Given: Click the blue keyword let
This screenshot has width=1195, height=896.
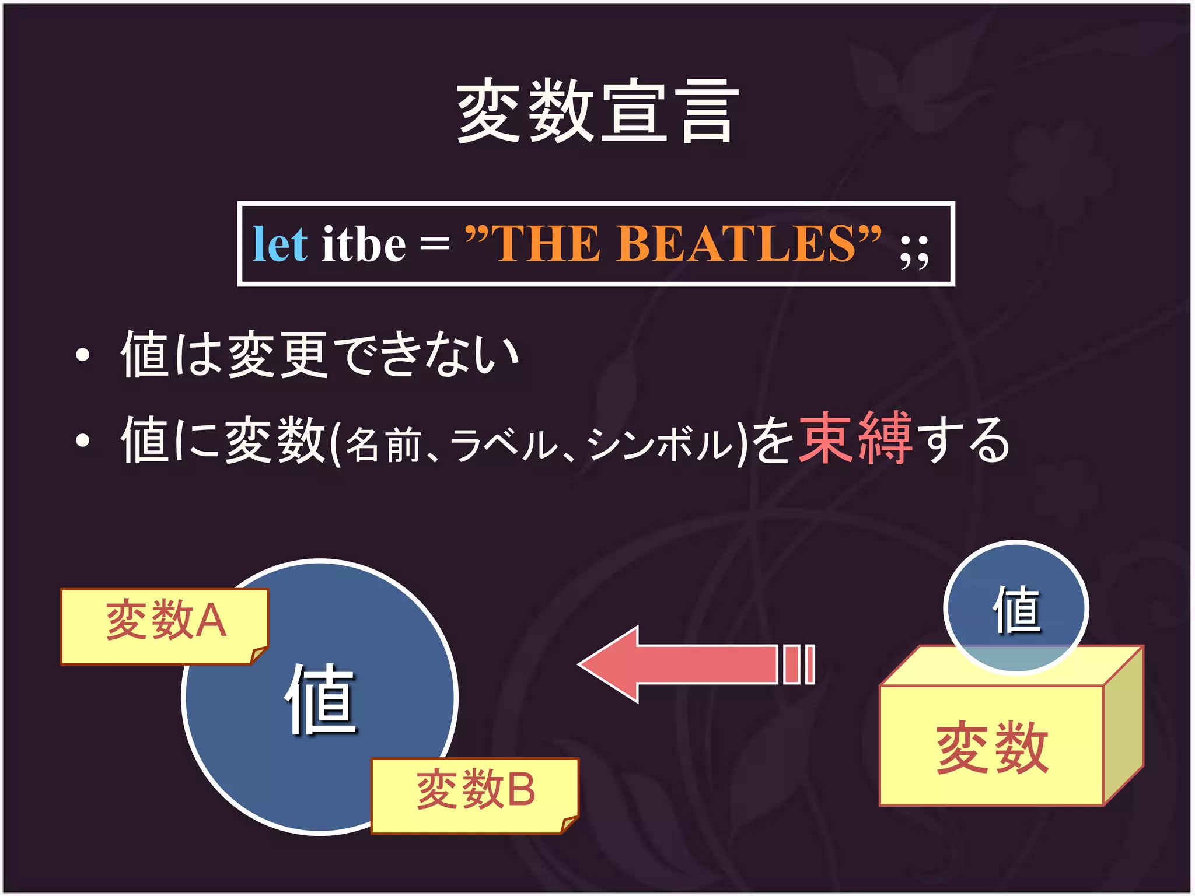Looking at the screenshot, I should click(x=279, y=244).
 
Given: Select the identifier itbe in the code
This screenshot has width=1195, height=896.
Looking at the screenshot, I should click(x=364, y=244).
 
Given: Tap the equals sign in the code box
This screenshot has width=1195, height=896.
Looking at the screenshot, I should click(x=435, y=244).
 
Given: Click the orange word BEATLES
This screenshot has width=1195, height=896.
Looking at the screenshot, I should click(x=736, y=244).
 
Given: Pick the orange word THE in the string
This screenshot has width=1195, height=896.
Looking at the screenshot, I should click(x=547, y=244).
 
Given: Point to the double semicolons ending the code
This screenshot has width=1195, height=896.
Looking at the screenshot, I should click(x=914, y=252).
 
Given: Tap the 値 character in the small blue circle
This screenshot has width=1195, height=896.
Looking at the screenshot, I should click(x=1016, y=610).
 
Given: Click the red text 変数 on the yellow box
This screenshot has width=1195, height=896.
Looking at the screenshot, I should click(x=992, y=748).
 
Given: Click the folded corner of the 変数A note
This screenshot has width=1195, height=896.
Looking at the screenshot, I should click(x=258, y=655).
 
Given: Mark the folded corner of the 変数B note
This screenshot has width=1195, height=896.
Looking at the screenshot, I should click(x=569, y=824).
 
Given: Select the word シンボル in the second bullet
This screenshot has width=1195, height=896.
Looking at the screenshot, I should click(x=659, y=444).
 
